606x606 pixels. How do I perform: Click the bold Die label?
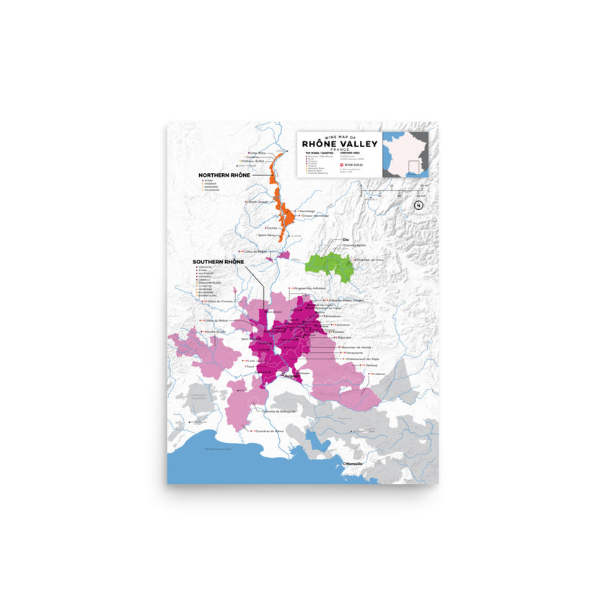click(346, 239)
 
